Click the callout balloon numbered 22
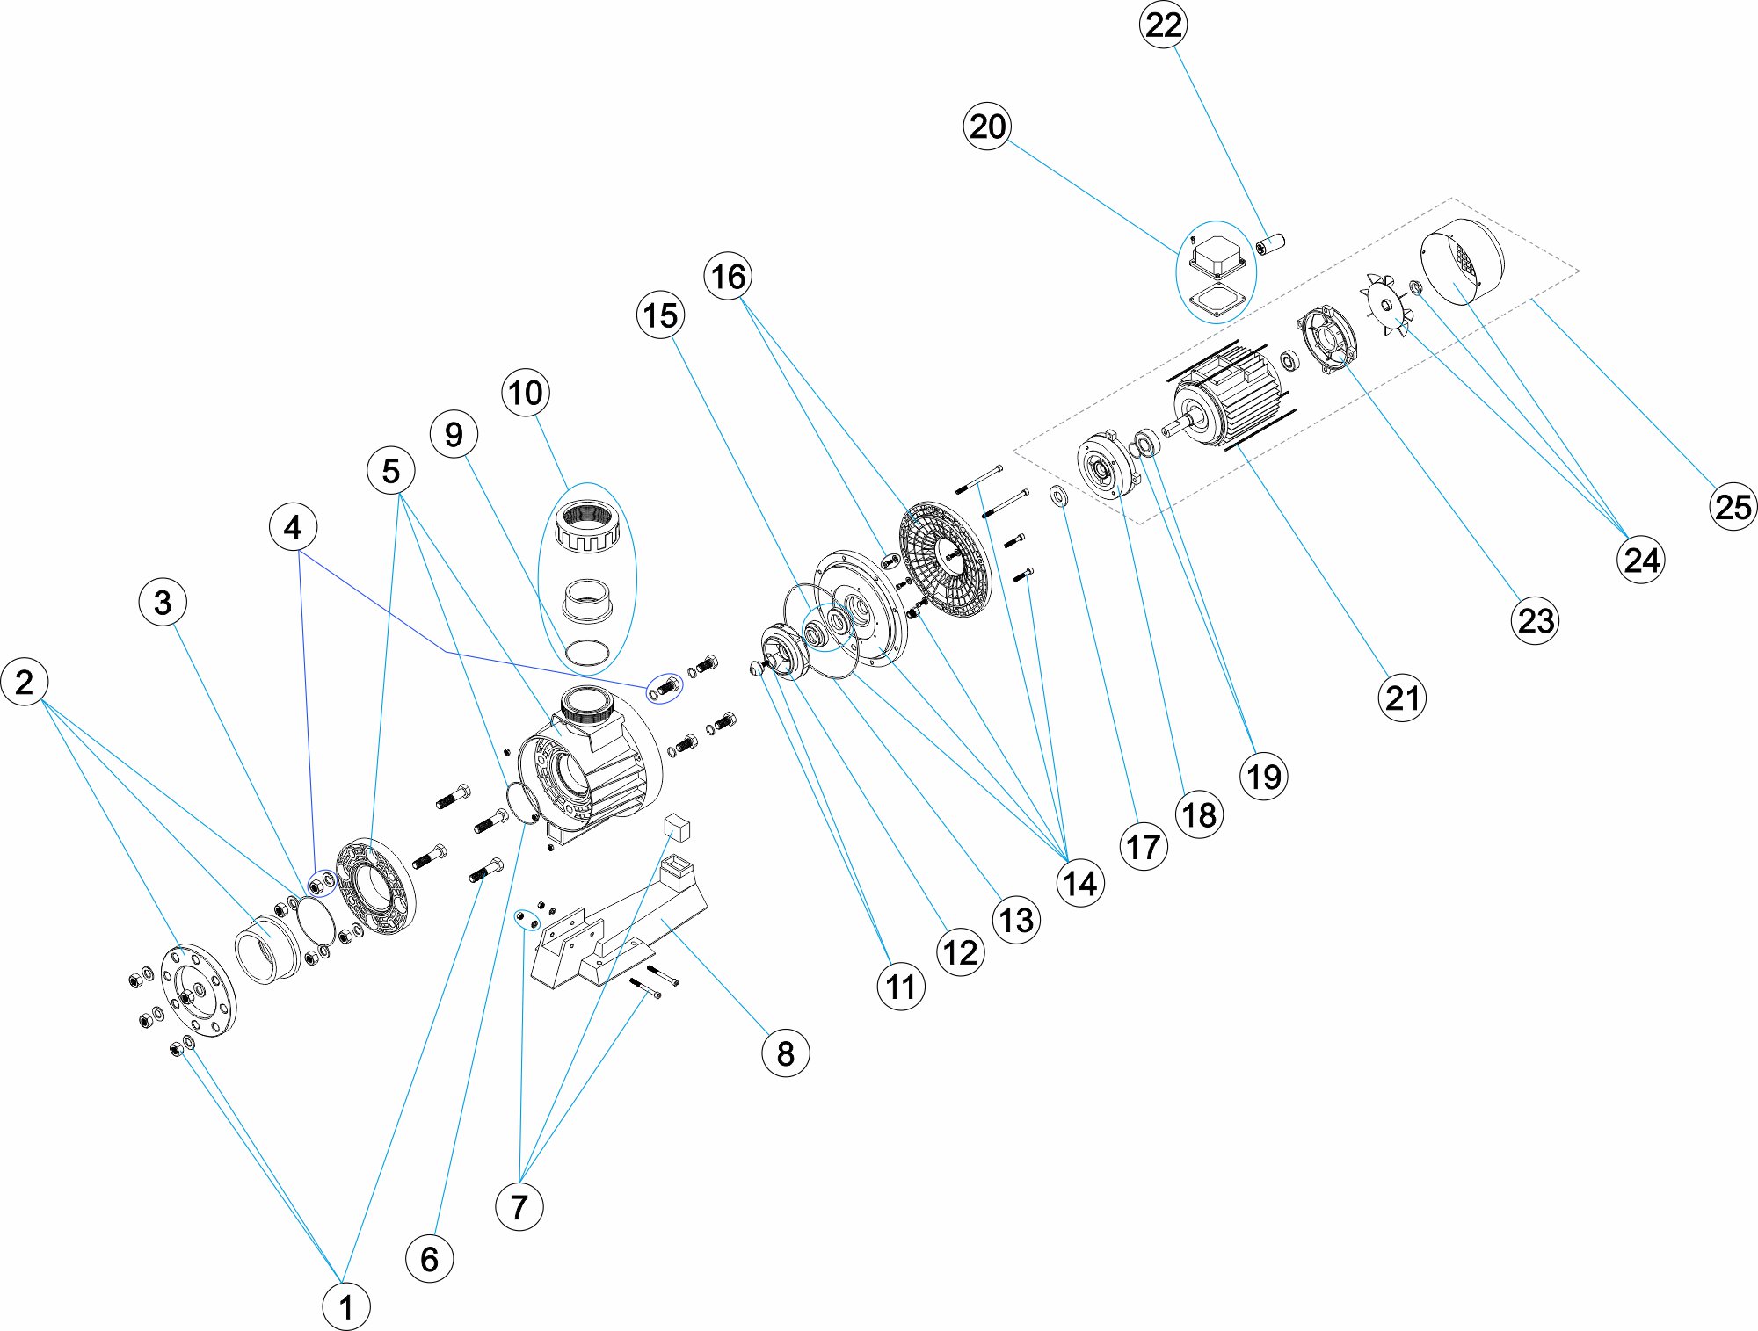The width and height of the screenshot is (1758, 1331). [1163, 25]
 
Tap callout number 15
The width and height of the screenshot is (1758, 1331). [660, 315]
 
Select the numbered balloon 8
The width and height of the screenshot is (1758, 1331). [785, 1053]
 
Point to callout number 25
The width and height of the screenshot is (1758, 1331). [1733, 507]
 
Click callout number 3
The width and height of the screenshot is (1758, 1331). [163, 603]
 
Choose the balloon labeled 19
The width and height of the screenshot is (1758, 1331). [1264, 777]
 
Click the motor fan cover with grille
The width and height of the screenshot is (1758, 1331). [1463, 261]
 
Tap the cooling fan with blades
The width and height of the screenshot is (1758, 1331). [1388, 304]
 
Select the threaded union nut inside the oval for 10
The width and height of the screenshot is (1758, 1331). [589, 525]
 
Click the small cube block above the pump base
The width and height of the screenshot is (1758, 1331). [678, 827]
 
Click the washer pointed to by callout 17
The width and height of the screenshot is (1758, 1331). [1059, 496]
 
